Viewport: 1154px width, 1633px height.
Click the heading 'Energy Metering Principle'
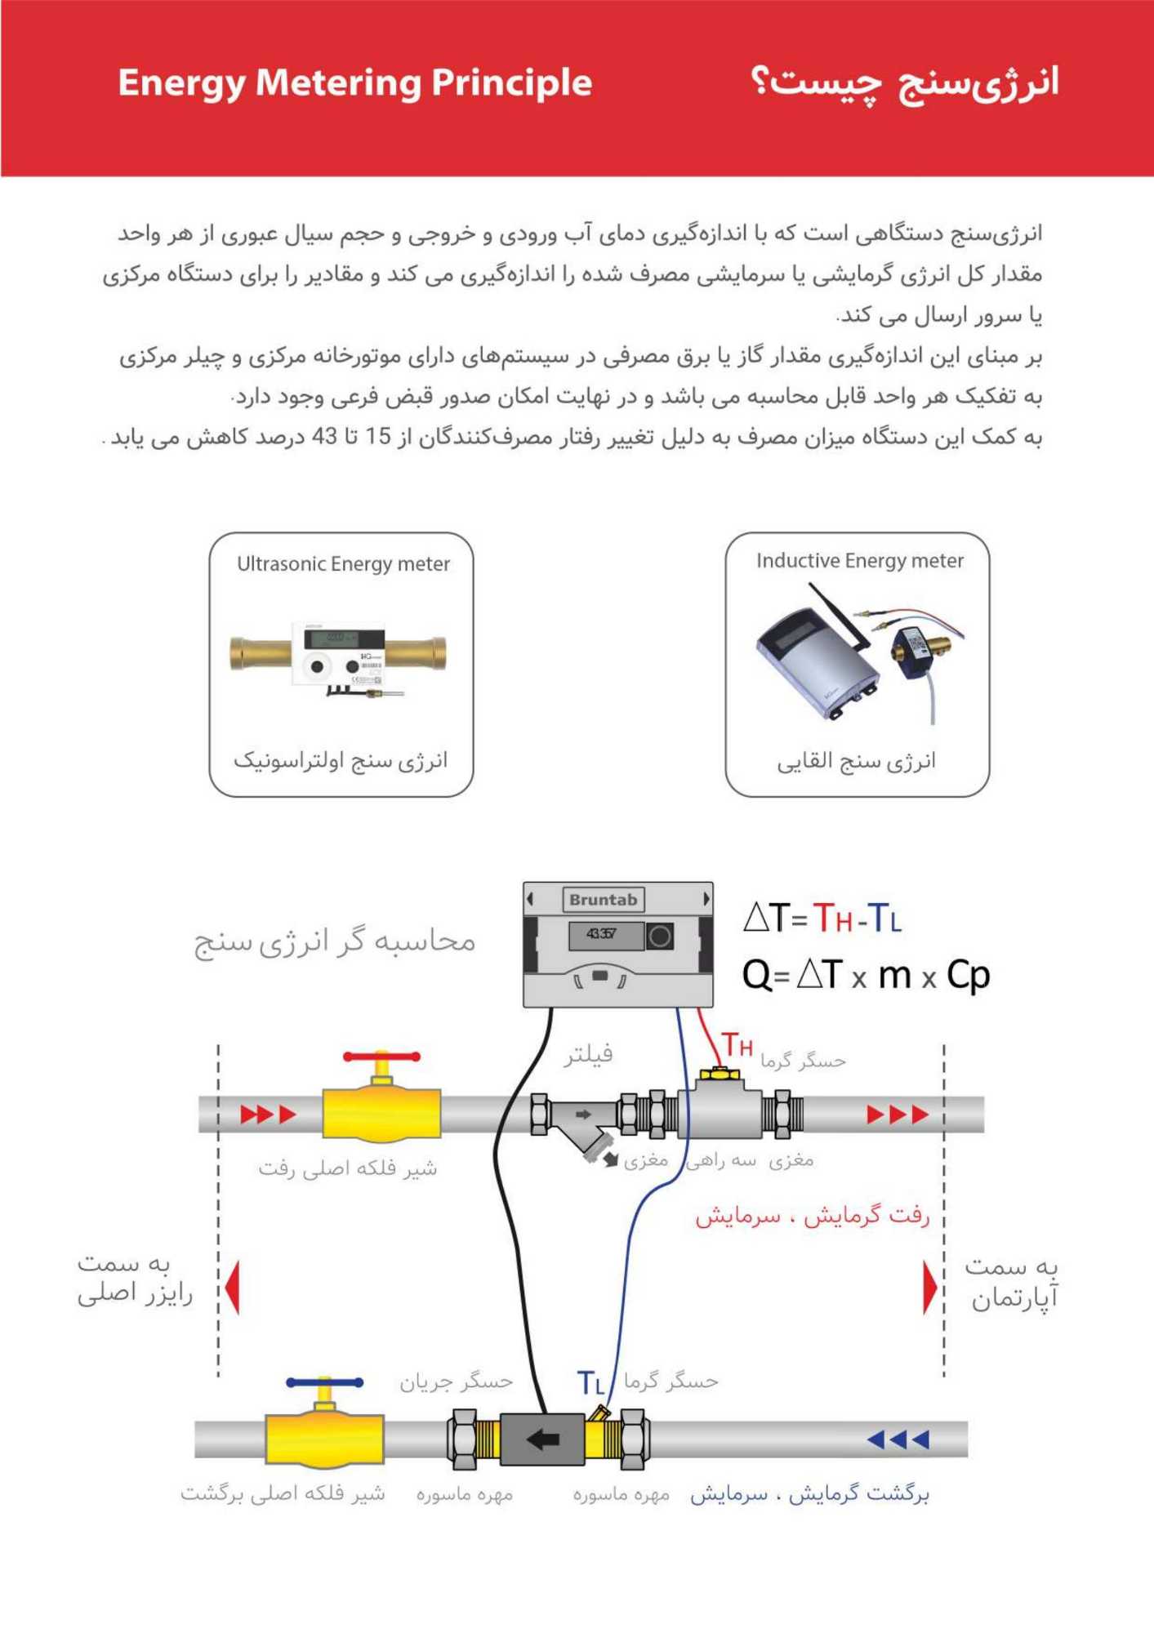click(x=354, y=83)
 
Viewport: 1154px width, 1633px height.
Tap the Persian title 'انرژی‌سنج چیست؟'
click(x=904, y=83)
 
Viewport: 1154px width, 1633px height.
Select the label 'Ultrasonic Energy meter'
click(x=343, y=564)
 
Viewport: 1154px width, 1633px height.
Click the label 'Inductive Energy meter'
click(x=859, y=561)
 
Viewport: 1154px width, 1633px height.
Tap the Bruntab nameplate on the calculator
click(x=603, y=900)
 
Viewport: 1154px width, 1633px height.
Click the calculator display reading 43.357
click(x=602, y=934)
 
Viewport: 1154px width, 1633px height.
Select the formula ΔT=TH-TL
click(x=822, y=919)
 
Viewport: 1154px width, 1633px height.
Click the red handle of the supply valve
click(x=381, y=1057)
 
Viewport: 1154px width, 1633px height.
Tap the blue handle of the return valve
click(x=324, y=1382)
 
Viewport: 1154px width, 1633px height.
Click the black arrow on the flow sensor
click(x=542, y=1439)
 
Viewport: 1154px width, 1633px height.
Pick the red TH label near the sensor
click(x=737, y=1046)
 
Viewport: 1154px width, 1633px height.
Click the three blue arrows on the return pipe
click(x=898, y=1439)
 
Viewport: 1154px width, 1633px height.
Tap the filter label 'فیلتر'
click(x=588, y=1055)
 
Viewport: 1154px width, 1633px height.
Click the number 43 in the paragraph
click(x=325, y=438)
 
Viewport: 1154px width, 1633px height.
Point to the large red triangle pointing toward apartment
click(x=929, y=1288)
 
